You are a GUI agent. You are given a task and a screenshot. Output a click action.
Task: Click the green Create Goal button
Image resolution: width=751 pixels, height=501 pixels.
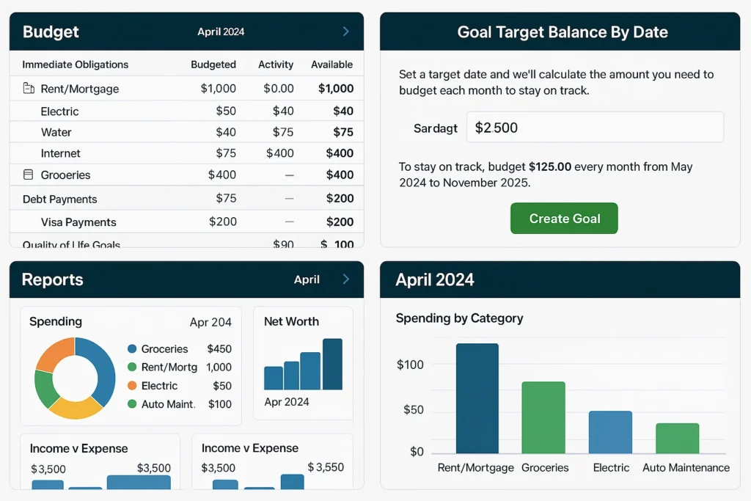point(564,219)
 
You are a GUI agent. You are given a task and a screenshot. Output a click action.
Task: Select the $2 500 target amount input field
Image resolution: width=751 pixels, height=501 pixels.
point(595,128)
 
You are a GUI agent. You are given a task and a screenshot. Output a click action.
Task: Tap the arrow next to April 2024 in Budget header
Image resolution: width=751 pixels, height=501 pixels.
point(346,32)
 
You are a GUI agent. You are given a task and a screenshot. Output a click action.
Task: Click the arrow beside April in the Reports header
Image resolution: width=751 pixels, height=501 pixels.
point(346,279)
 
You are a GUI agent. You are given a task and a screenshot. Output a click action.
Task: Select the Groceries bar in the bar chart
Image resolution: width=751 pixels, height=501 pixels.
point(543,417)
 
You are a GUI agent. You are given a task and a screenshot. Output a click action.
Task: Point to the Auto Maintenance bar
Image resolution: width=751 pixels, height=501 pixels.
point(677,438)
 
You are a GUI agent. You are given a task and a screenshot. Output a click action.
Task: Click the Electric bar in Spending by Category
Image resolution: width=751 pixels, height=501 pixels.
point(610,432)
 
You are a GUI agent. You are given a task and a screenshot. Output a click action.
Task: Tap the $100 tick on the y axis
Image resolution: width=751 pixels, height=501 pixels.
point(410,365)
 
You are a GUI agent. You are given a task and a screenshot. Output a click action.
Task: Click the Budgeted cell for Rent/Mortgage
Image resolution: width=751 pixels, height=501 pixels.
point(219,89)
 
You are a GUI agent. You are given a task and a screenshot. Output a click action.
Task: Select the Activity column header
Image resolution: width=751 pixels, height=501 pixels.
point(276,65)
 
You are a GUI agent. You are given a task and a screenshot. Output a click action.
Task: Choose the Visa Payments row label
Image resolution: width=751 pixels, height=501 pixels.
point(78,222)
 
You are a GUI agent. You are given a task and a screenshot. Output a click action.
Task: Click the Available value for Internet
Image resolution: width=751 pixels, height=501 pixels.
point(340,153)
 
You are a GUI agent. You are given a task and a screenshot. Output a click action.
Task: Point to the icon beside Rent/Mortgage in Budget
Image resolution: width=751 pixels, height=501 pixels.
point(29,89)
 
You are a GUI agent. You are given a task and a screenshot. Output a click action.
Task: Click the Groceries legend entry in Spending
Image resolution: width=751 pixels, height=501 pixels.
point(164,349)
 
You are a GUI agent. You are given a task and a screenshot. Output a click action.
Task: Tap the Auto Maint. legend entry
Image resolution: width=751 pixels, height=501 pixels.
point(168,404)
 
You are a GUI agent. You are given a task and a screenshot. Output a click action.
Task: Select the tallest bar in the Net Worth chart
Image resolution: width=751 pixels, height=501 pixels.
point(332,364)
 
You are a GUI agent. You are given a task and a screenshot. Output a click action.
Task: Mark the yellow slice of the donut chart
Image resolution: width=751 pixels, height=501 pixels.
point(74,408)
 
